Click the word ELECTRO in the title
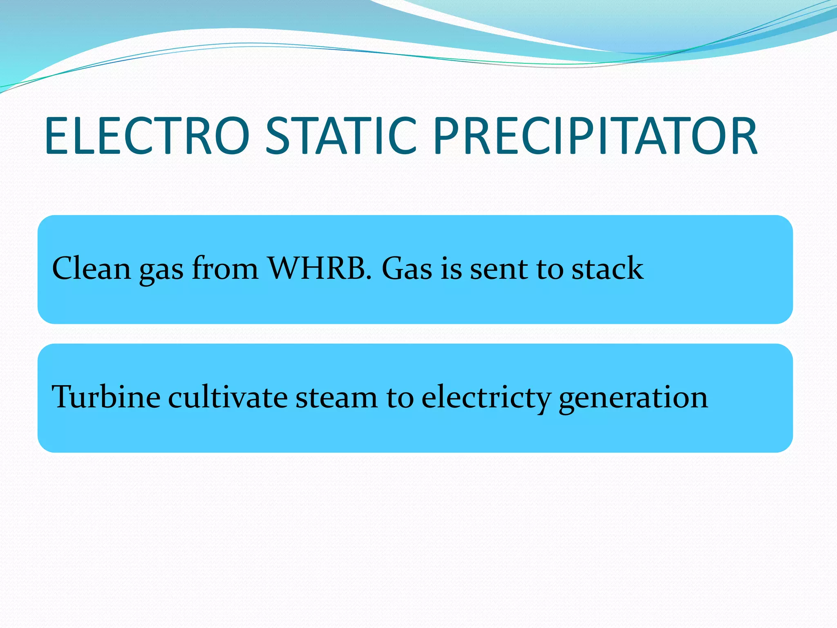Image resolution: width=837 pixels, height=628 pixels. pyautogui.click(x=147, y=136)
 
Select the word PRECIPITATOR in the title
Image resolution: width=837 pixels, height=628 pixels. pyautogui.click(x=595, y=136)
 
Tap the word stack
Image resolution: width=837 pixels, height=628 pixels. pyautogui.click(x=607, y=269)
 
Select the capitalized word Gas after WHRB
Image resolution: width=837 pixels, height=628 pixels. pyautogui.click(x=407, y=269)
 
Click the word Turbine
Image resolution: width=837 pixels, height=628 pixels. pyautogui.click(x=106, y=397)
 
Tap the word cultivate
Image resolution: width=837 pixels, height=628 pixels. pyautogui.click(x=228, y=397)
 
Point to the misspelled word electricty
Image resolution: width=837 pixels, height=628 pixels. pyautogui.click(x=486, y=397)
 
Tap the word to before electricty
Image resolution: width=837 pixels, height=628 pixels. pyautogui.click(x=399, y=397)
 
